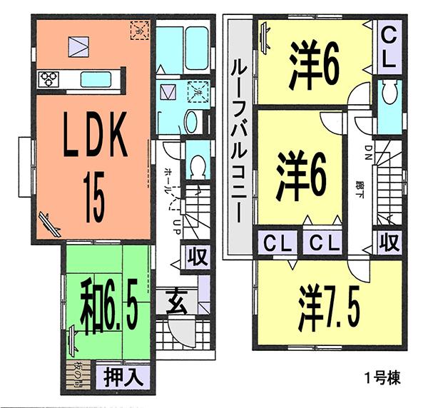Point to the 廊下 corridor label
[358, 189]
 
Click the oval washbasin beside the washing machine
[192, 122]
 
